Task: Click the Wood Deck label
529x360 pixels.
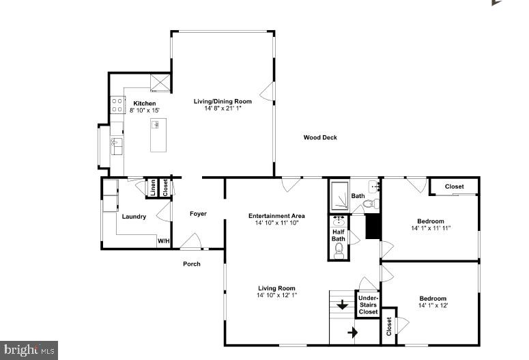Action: (320, 138)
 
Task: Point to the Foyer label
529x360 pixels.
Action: (198, 214)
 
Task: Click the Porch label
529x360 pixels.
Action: (192, 264)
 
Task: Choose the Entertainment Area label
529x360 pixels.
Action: (276, 216)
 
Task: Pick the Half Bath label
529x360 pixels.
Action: (339, 234)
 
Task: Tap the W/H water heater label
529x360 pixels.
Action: (164, 241)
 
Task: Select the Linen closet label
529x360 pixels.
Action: (153, 187)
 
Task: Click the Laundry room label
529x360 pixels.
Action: (134, 217)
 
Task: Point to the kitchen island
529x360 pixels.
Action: (158, 134)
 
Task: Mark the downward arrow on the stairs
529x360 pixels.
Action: (342, 305)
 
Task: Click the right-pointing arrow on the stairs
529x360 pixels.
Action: (354, 332)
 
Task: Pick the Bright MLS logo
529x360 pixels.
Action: (29, 350)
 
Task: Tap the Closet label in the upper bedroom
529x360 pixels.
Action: (455, 186)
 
